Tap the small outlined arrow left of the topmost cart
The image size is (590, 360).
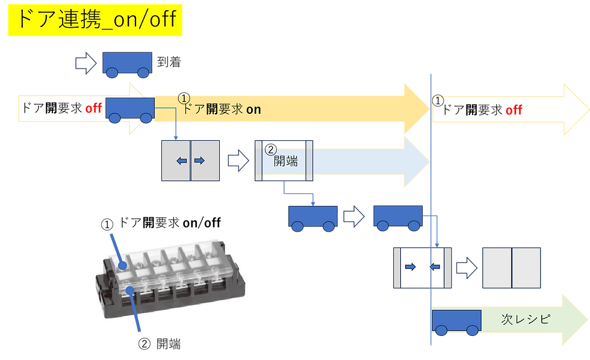pos(85,63)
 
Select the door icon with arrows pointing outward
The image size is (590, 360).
pos(191,160)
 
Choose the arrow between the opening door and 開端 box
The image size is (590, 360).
pos(237,160)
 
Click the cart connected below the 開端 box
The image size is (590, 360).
pos(312,218)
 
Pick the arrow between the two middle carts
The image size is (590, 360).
pos(355,217)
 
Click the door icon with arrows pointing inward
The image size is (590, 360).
pos(421,267)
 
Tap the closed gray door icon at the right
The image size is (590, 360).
pos(511,267)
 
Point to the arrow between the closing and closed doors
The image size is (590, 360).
pos(465,267)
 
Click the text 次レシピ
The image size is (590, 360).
pos(526,319)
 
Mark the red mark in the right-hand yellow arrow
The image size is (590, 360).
pos(514,110)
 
